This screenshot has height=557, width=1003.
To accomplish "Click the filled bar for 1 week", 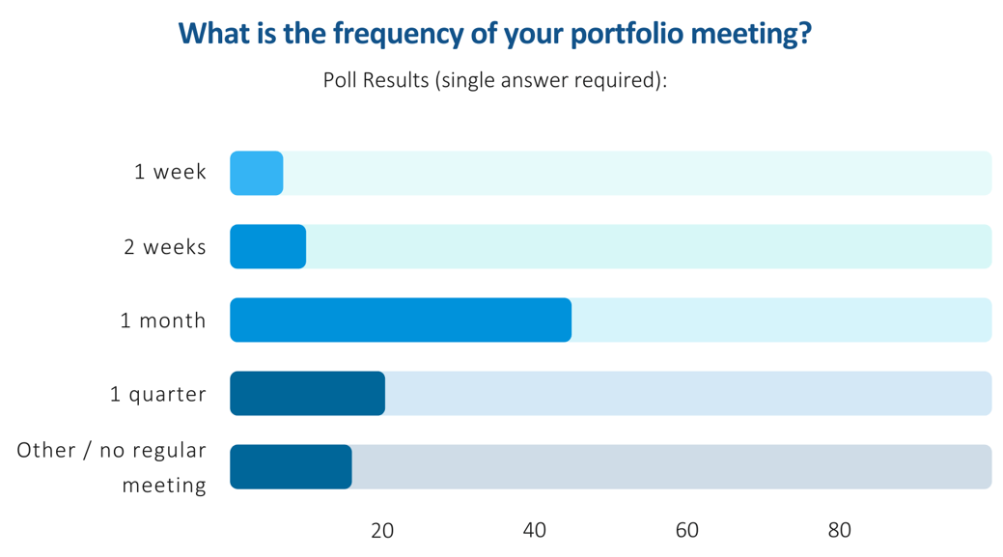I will (257, 174).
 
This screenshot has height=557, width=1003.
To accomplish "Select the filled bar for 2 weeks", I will (268, 247).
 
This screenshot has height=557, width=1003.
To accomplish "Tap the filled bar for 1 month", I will (401, 320).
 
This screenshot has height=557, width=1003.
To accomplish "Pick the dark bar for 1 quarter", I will (308, 394).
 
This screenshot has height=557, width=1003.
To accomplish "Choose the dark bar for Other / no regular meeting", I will (291, 467).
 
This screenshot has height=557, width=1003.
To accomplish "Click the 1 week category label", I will (170, 173).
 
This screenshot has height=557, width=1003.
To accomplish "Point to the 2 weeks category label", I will (165, 247).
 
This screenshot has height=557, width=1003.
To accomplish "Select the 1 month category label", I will (163, 320).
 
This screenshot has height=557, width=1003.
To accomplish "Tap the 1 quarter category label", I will (158, 394).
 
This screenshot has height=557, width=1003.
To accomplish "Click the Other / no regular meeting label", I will (112, 467).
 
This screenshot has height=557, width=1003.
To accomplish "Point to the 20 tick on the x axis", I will (382, 530).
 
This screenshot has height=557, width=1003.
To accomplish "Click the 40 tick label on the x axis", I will (535, 530).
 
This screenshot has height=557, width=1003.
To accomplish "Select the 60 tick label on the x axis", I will (687, 530).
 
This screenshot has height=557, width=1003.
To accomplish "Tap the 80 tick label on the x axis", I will (840, 530).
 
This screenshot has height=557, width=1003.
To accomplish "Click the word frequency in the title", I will (400, 35).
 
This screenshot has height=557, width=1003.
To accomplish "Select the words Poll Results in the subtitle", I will (376, 80).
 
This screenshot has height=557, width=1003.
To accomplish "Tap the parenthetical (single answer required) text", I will (551, 80).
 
